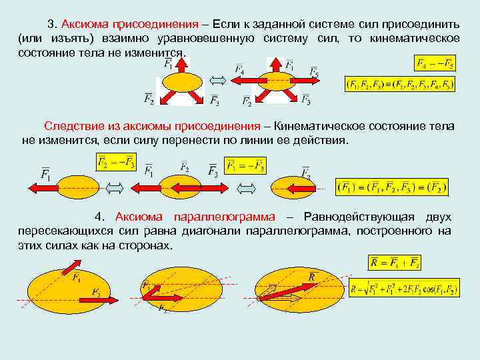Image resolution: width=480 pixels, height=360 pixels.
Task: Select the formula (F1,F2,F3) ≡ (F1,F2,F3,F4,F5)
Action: (x=399, y=85)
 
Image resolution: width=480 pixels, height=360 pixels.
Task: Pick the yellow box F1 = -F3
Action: (x=245, y=165)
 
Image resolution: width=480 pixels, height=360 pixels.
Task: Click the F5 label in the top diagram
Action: (x=313, y=73)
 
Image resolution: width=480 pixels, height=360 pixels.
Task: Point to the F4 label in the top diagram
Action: (x=239, y=69)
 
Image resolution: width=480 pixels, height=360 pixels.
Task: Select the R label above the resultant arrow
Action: (x=312, y=276)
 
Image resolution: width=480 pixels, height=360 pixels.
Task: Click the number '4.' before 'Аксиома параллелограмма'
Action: (x=101, y=217)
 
